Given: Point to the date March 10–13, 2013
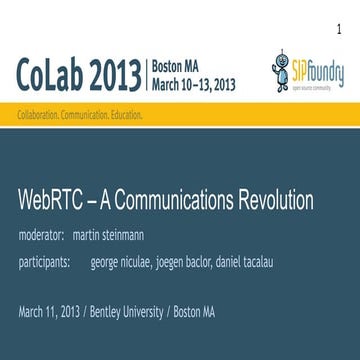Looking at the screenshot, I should (196, 82).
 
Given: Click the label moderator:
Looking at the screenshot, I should (43, 236).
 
